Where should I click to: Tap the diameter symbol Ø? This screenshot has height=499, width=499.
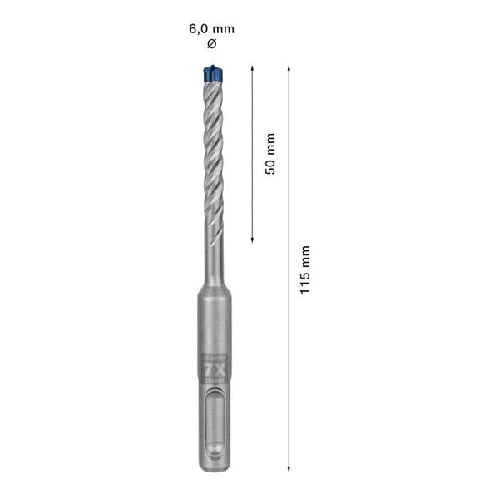(210, 42)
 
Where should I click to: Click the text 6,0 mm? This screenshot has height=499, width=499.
(210, 28)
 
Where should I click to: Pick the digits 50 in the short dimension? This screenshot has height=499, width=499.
(269, 165)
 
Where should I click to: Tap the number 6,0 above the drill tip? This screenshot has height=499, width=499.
(200, 28)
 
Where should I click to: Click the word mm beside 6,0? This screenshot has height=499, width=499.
(224, 28)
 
